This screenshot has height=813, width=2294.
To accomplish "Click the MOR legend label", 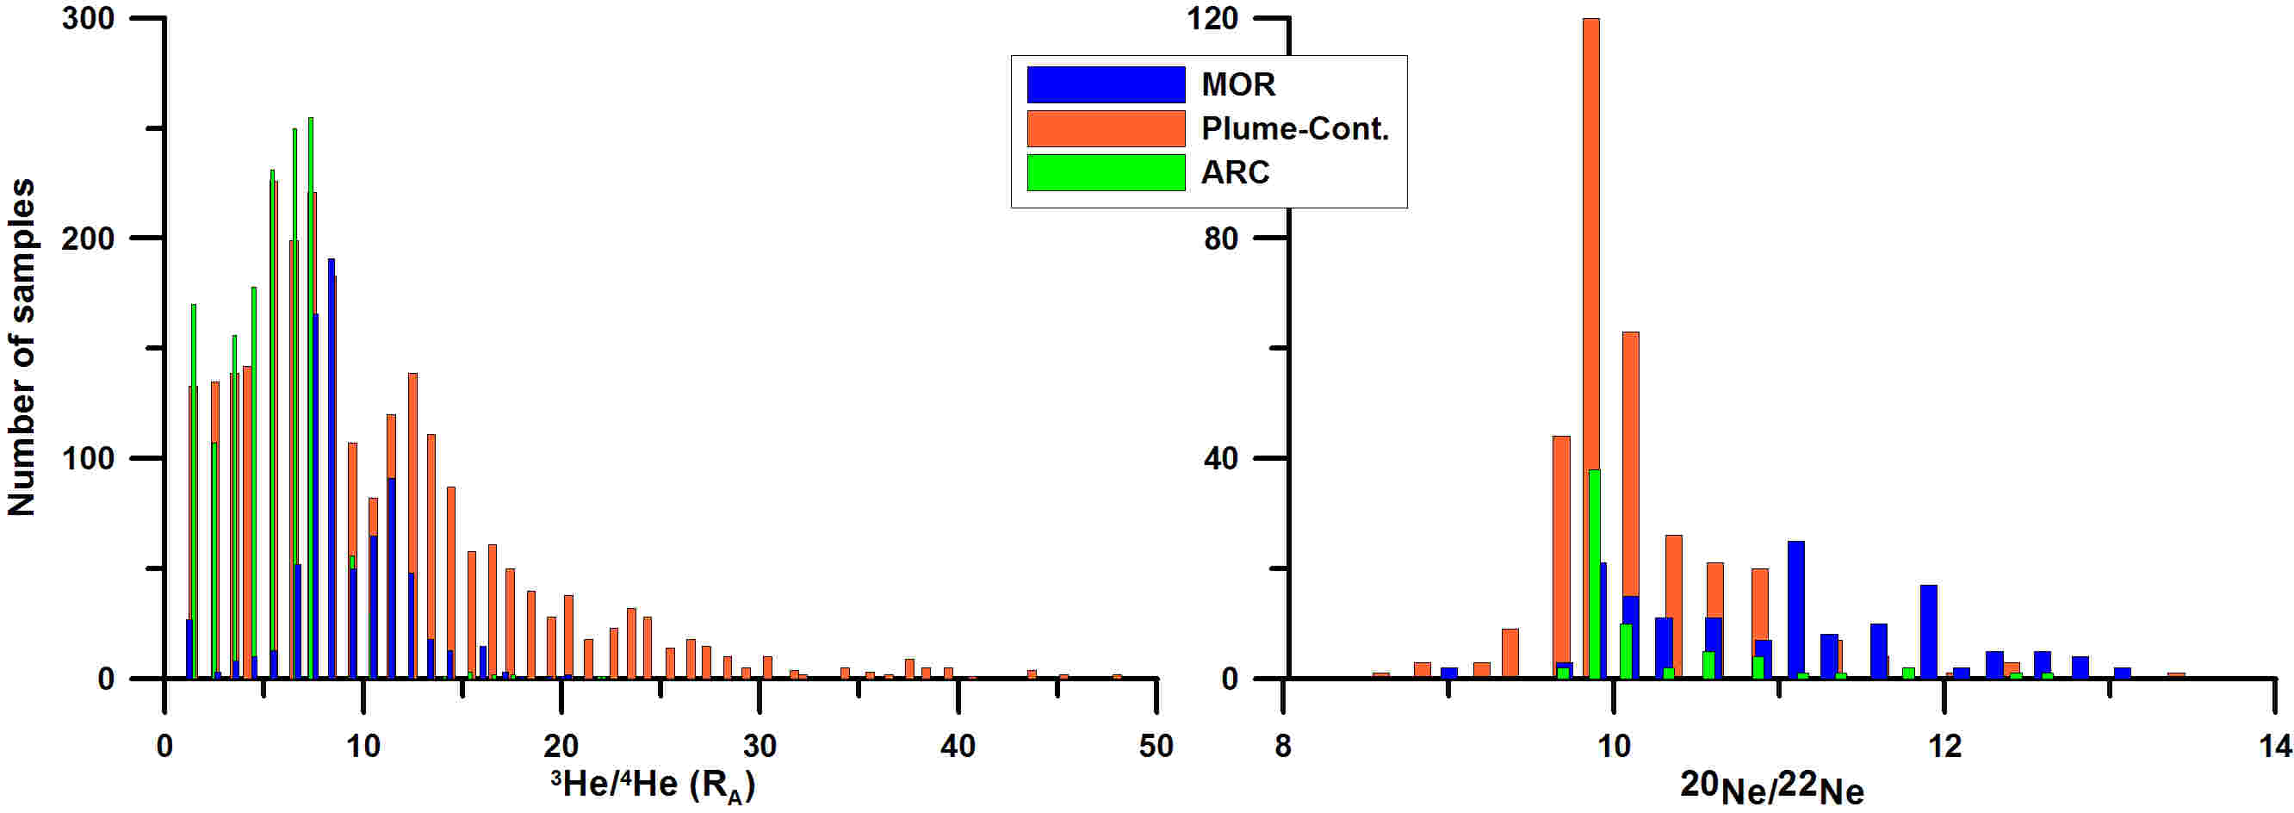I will click(1237, 84).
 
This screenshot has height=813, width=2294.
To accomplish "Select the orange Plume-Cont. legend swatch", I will click(1105, 128).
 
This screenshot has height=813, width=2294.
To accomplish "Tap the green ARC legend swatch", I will click(1105, 172).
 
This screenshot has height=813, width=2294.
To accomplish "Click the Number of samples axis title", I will click(22, 347).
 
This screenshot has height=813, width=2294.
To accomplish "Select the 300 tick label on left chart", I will click(88, 19).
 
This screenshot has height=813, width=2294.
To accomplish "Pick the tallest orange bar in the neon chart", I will click(1590, 347).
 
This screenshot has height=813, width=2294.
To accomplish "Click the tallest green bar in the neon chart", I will click(1594, 574).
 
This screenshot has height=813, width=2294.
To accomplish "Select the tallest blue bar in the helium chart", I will click(332, 469).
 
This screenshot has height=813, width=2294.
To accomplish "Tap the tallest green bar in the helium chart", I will click(310, 397).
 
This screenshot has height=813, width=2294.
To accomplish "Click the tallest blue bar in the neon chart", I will click(1796, 609).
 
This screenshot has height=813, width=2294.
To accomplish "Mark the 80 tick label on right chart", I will click(1221, 239).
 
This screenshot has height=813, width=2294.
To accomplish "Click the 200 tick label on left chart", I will click(88, 239).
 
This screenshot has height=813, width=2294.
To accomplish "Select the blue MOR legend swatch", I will click(1105, 84).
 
